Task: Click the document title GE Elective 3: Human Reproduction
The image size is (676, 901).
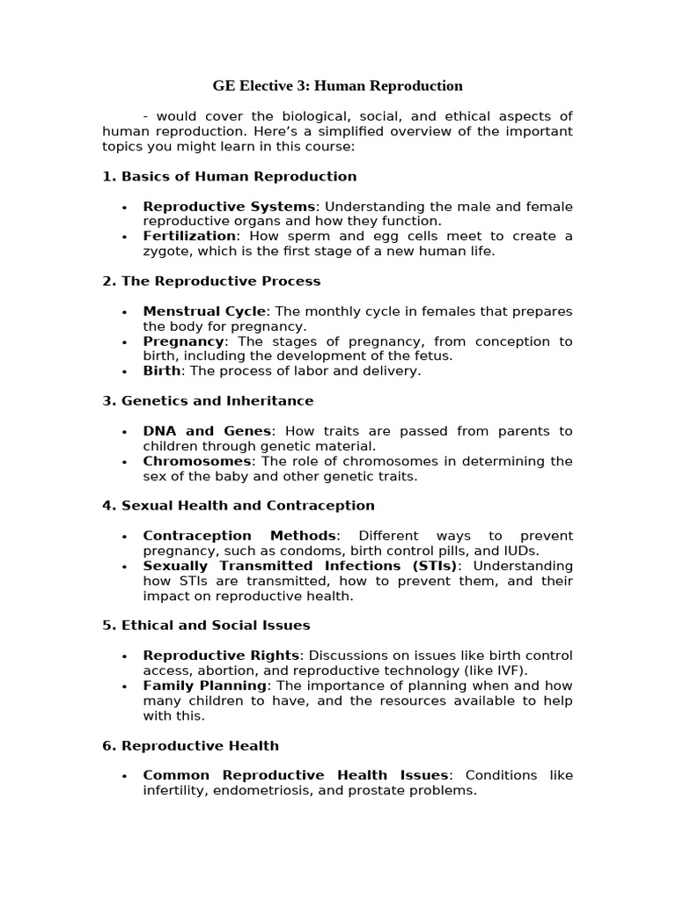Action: (337, 86)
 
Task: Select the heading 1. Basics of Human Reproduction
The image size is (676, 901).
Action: (230, 177)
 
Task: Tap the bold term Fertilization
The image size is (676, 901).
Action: (189, 236)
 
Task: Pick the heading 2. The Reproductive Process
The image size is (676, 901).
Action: (211, 282)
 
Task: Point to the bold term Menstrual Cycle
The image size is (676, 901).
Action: (204, 311)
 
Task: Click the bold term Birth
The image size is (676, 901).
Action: (162, 371)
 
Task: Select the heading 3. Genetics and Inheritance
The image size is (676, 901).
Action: (208, 401)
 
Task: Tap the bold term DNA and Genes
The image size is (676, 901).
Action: (208, 431)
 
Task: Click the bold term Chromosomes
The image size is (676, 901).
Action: (198, 461)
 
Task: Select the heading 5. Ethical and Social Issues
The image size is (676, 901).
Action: (207, 626)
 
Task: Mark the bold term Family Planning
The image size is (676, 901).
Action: (205, 685)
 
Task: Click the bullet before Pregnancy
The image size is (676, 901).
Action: (124, 342)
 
